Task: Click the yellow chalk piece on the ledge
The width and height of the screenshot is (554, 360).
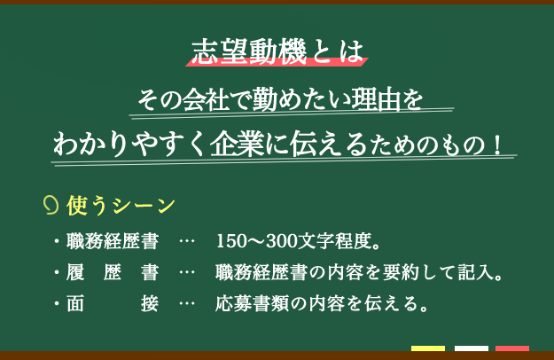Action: [x=428, y=348]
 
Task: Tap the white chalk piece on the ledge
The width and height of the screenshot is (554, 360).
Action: [x=472, y=348]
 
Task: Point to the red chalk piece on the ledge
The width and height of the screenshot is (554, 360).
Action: [x=512, y=348]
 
